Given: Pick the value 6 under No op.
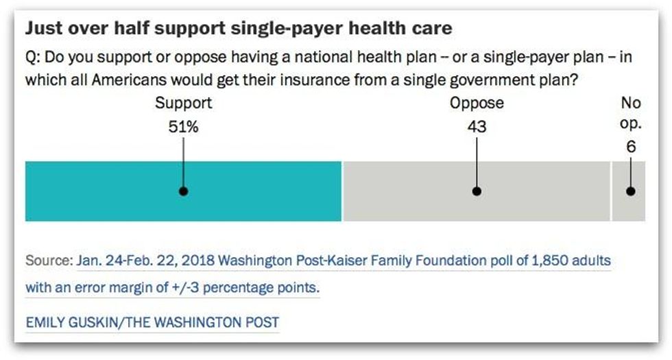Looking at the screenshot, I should coord(630,146).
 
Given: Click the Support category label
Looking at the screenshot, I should coord(183,104).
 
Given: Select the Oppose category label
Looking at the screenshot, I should coord(477,104).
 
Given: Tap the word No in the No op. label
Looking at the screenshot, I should coord(630,104).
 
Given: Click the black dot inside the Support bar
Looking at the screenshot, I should coord(183,191).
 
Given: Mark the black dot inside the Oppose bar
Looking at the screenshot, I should coord(477,191).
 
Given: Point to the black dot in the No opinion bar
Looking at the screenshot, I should coord(630,191).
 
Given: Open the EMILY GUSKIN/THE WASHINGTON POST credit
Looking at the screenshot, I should coord(152,322).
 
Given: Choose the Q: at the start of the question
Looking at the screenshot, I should coord(34,58).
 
